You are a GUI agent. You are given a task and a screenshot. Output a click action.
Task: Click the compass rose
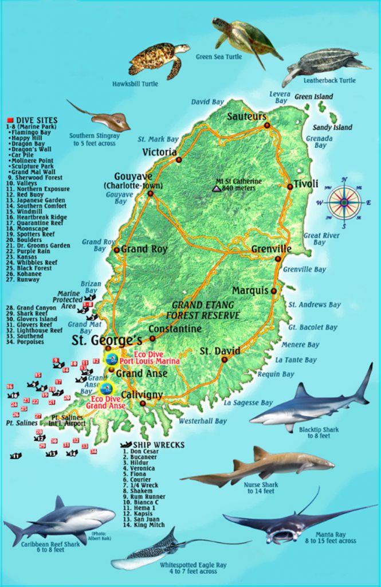pos(344,202)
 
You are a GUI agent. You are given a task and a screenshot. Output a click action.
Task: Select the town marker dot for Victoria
pos(179,160)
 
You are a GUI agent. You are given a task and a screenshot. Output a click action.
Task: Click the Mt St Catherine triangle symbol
pos(216,188)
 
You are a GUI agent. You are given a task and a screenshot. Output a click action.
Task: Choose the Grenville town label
pos(271,249)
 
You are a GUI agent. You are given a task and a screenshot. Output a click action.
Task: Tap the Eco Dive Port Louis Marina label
pos(149,358)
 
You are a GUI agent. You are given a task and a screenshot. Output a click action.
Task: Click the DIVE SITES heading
pos(37,120)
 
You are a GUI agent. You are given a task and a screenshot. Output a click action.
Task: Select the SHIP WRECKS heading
pos(148,444)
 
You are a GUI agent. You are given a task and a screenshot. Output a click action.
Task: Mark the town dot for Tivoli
pos(290,186)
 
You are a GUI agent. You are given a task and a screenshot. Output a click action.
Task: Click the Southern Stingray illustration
pos(103,118)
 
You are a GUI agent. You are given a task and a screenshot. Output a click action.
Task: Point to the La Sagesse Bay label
pos(248,403)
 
